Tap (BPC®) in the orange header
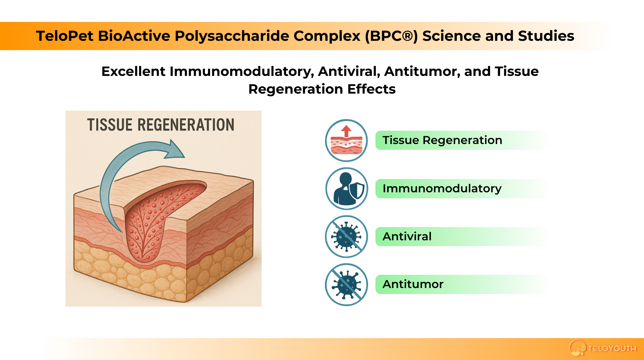tap(391, 36)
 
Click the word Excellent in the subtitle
tap(133, 71)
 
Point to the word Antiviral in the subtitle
tap(349, 71)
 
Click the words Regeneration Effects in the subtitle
tap(322, 89)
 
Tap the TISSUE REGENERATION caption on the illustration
tap(161, 125)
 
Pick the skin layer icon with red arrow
tap(346, 140)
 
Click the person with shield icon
tap(347, 188)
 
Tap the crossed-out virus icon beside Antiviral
tap(347, 236)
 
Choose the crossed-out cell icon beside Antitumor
tap(347, 284)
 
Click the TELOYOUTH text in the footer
tap(612, 348)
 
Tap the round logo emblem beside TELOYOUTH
tap(577, 348)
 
